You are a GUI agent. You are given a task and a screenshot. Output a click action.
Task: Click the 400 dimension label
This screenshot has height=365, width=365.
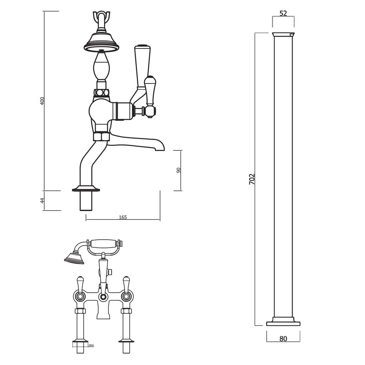coord(42,101)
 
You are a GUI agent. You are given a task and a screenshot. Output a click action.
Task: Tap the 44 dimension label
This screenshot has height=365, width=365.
coord(42,200)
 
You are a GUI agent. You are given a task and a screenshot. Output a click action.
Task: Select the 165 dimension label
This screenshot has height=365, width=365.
coord(123,217)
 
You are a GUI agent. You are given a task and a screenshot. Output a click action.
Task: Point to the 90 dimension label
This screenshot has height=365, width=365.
coord(178,170)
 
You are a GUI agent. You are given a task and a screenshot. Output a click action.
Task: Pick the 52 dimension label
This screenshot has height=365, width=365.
coord(283,14)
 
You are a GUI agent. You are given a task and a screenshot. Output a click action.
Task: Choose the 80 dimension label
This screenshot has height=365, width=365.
coord(283,339)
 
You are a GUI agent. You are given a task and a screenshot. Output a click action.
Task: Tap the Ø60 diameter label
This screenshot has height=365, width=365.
coord(91,345)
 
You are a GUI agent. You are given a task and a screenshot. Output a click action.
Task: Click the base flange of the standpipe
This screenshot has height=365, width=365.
coord(283,323)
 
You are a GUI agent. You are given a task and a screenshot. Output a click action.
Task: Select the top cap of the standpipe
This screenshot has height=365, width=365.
coord(283,35)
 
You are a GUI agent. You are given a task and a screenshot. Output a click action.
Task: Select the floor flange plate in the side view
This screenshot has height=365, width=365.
coord(86,189)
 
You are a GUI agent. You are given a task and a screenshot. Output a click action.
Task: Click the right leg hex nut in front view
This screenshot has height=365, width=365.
coord(126,311)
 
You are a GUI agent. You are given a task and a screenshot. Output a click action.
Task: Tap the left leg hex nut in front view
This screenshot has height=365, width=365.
coord(80,311)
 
